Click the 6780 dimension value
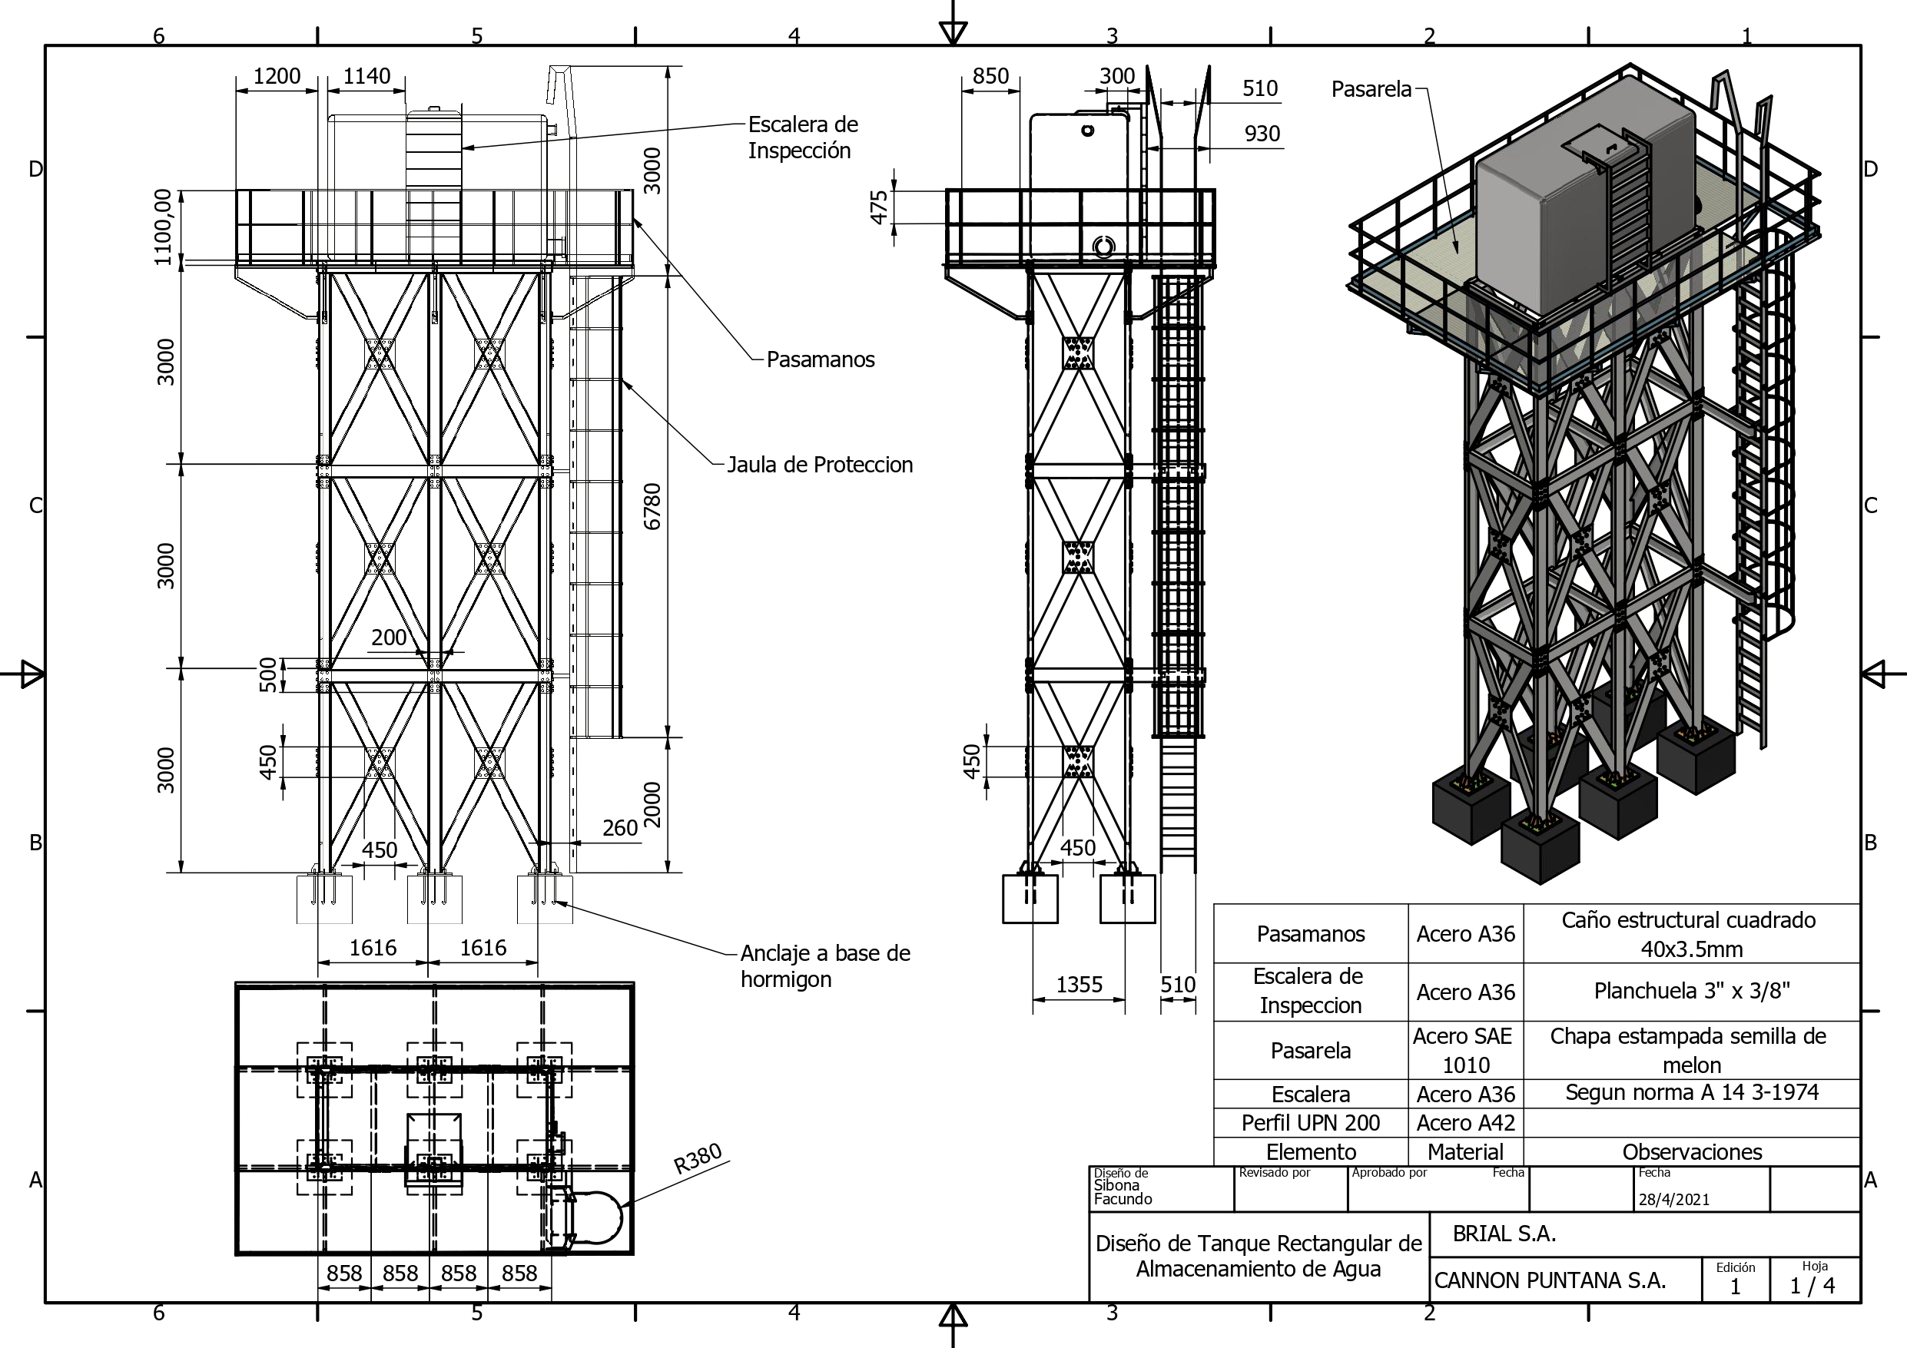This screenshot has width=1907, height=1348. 653,506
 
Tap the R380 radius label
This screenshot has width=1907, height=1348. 698,1158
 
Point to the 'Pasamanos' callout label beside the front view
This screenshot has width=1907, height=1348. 820,359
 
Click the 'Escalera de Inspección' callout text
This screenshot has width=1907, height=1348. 802,137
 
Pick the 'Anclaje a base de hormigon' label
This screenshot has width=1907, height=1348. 824,966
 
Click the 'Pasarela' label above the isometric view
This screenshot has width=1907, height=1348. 1371,89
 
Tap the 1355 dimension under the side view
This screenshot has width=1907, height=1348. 1078,984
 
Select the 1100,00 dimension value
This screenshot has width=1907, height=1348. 164,227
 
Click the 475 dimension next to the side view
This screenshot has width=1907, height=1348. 879,207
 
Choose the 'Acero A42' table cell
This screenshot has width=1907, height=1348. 1465,1123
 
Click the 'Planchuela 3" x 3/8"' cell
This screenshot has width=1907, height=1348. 1691,991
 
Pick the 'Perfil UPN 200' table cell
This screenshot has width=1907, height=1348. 1310,1123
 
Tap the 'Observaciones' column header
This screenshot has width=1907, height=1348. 1691,1152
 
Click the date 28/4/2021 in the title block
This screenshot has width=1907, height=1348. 1673,1199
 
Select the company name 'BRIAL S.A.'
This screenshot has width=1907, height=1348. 1504,1234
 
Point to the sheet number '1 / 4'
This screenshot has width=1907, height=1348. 1812,1286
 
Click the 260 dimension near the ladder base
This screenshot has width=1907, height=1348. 619,828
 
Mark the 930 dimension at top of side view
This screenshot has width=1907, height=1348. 1262,134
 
